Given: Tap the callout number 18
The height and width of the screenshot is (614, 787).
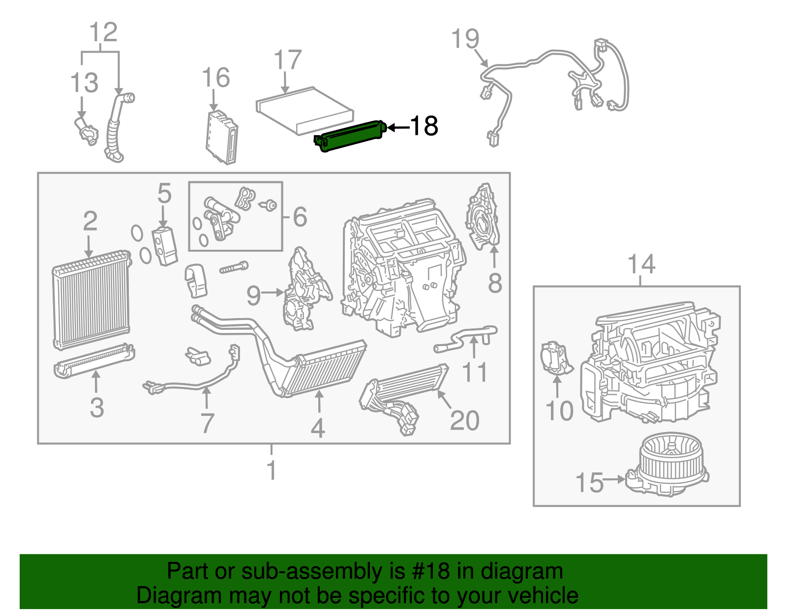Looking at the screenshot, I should [424, 126].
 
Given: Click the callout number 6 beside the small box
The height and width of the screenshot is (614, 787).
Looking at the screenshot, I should [300, 217].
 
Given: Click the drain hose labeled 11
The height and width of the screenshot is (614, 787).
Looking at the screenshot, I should [465, 338].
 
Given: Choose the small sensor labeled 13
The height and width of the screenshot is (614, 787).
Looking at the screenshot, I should [86, 132].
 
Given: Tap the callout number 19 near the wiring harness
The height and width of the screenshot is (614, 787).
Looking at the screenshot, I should [465, 39].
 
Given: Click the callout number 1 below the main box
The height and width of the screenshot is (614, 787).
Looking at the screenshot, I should [271, 470].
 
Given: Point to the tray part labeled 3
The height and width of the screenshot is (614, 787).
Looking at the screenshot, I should [93, 361].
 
